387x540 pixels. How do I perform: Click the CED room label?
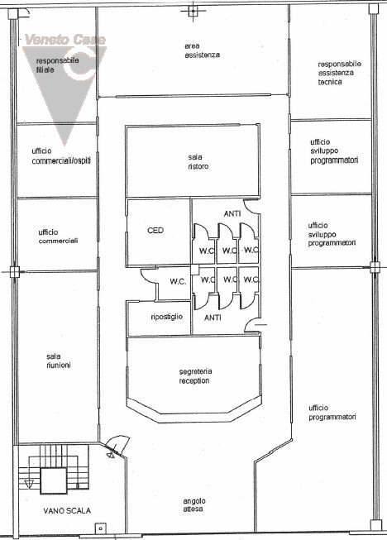pyautogui.click(x=155, y=230)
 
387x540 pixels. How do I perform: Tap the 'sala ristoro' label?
pyautogui.click(x=198, y=161)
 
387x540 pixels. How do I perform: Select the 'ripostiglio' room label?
pyautogui.click(x=167, y=317)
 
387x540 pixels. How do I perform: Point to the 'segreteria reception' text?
pyautogui.click(x=195, y=376)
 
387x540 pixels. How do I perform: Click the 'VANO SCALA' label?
pyautogui.click(x=67, y=511)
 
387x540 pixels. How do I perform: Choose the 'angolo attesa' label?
pyautogui.click(x=194, y=505)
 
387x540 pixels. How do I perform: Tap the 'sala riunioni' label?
pyautogui.click(x=59, y=361)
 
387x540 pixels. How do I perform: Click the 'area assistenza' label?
pyautogui.click(x=202, y=50)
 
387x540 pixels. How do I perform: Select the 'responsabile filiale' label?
pyautogui.click(x=58, y=65)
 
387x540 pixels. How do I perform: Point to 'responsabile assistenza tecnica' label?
pyautogui.click(x=340, y=73)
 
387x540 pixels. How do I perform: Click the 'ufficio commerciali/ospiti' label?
pyautogui.click(x=61, y=156)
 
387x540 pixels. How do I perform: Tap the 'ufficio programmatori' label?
pyautogui.click(x=332, y=412)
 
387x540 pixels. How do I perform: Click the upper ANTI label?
pyautogui.click(x=232, y=214)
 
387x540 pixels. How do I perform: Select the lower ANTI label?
pyautogui.click(x=213, y=318)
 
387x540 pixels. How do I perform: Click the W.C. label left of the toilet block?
pyautogui.click(x=178, y=282)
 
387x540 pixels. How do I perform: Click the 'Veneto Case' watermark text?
pyautogui.click(x=65, y=40)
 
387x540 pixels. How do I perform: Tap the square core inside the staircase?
pyautogui.click(x=54, y=480)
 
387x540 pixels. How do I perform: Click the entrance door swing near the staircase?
pyautogui.click(x=117, y=444)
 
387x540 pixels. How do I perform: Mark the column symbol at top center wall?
pyautogui.click(x=193, y=11)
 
